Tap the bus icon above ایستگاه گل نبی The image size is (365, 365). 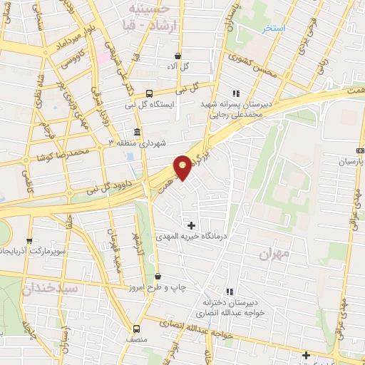pyautogui.click(x=149, y=93)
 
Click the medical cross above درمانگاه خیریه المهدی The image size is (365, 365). pyautogui.click(x=191, y=225)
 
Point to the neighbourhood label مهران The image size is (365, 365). pyautogui.click(x=271, y=255)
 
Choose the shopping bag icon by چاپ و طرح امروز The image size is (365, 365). pyautogui.click(x=158, y=276)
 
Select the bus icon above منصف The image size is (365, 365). pyautogui.click(x=138, y=328)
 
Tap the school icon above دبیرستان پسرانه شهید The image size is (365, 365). pyautogui.click(x=236, y=93)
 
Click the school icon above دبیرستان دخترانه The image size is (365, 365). pyautogui.click(x=230, y=292)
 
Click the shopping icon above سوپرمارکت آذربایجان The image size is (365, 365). pyautogui.click(x=29, y=241)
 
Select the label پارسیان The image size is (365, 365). pyautogui.click(x=350, y=162)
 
